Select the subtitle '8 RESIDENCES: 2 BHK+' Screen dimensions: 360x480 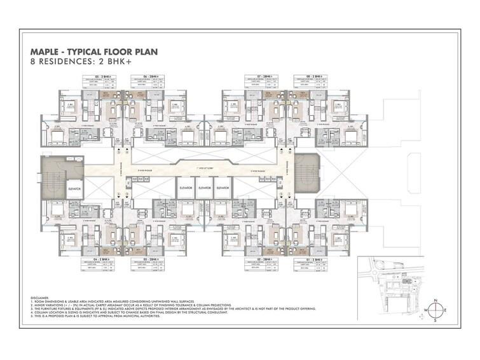(71, 63)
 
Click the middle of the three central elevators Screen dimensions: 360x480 (204, 189)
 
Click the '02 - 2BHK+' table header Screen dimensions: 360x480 (262, 260)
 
